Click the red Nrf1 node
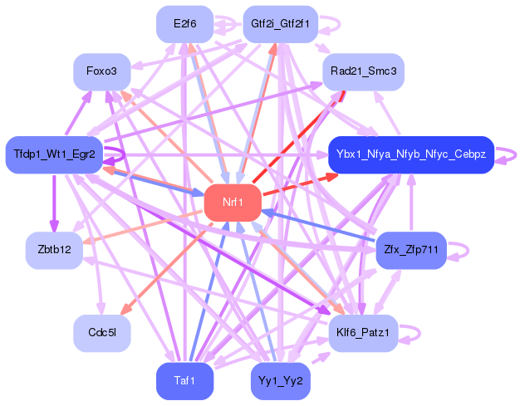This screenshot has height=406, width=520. [x=233, y=202]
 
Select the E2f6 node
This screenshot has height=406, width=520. [x=184, y=24]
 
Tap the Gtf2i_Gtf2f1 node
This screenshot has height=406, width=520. [x=279, y=24]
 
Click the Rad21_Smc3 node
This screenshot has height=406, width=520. [x=363, y=71]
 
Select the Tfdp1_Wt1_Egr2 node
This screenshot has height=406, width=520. [x=54, y=154]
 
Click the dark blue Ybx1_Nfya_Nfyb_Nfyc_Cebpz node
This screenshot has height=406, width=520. [x=412, y=154]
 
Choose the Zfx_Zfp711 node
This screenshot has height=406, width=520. [x=411, y=249]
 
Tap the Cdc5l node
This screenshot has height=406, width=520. [x=101, y=332]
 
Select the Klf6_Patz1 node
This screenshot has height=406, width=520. [x=363, y=332]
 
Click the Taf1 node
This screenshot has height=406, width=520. [x=184, y=381]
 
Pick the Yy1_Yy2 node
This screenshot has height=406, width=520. [x=279, y=381]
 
